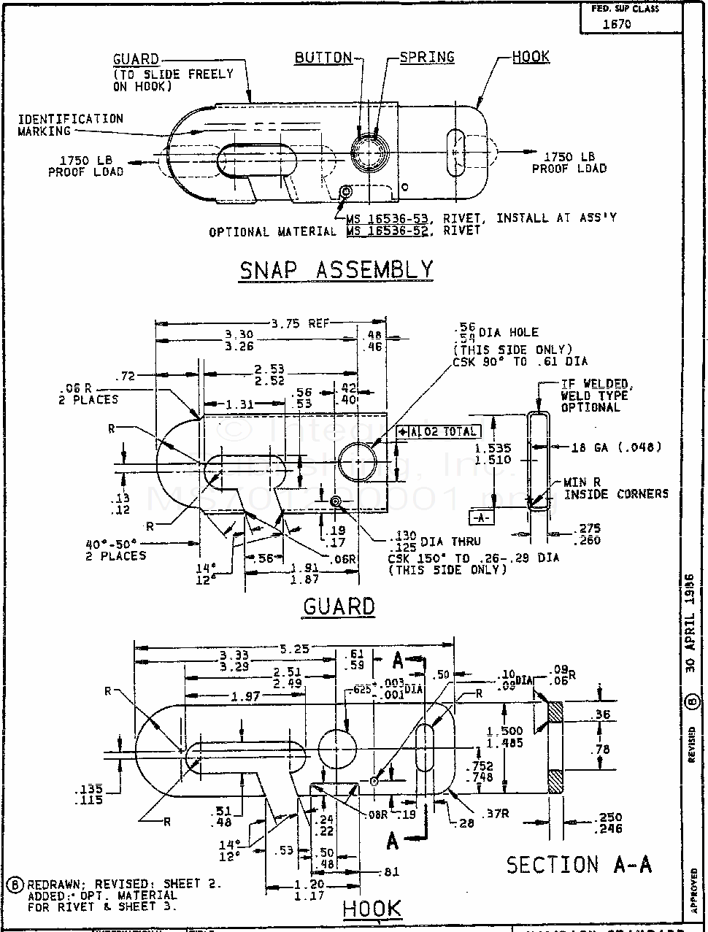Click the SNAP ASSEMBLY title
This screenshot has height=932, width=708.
[x=336, y=270]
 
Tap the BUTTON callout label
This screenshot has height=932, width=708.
[x=323, y=58]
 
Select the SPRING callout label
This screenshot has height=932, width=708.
[x=427, y=57]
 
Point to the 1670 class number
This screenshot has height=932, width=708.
[x=617, y=23]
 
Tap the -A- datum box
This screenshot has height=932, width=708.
[x=480, y=517]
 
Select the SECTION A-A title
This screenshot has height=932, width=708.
[x=579, y=865]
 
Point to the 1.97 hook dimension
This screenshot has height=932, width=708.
[x=245, y=696]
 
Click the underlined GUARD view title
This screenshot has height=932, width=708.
[x=339, y=606]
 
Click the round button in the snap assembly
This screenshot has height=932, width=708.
[x=372, y=153]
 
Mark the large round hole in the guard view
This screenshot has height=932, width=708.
[x=358, y=461]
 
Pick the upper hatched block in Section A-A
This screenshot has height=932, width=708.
[x=556, y=712]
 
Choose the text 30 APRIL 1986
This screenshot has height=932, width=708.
[x=690, y=624]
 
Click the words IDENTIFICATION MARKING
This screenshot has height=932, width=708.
[x=70, y=125]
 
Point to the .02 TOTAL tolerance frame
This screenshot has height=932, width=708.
[x=437, y=432]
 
